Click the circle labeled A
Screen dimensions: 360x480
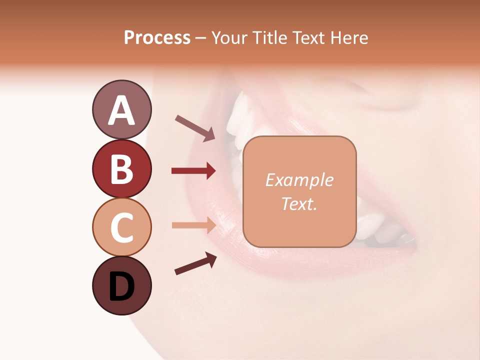pos(121,109)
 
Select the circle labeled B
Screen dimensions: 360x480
pos(121,168)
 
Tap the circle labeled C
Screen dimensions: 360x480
pos(121,227)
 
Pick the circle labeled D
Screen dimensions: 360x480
pos(121,285)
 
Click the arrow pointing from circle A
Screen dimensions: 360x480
pos(195,128)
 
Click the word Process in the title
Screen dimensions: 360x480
pos(157,37)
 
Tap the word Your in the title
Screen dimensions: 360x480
pos(230,37)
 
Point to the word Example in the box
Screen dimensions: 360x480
pos(299,180)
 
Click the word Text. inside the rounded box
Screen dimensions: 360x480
pos(299,203)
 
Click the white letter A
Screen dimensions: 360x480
pos(121,110)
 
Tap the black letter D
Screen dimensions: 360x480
pos(121,286)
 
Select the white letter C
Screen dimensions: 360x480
pos(121,227)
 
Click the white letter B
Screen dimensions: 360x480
pos(121,169)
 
